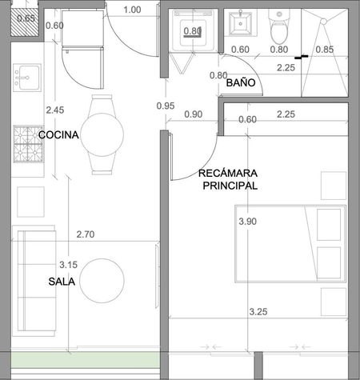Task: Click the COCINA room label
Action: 58,135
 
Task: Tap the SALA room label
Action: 62,282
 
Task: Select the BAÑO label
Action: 241,82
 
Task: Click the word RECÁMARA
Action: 228,174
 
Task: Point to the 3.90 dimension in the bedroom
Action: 248,222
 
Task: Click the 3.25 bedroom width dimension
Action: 258,312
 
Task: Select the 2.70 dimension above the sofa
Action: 86,234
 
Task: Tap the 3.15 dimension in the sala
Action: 68,265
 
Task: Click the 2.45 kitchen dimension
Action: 55,110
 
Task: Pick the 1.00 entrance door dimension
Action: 132,10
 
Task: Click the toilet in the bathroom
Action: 279,26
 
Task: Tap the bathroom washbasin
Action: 240,24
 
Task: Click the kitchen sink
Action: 27,78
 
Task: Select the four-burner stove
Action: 28,144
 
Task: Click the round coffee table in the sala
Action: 102,281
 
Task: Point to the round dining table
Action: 102,134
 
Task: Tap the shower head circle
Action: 323,22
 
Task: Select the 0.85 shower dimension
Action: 325,50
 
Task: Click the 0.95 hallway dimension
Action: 166,106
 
